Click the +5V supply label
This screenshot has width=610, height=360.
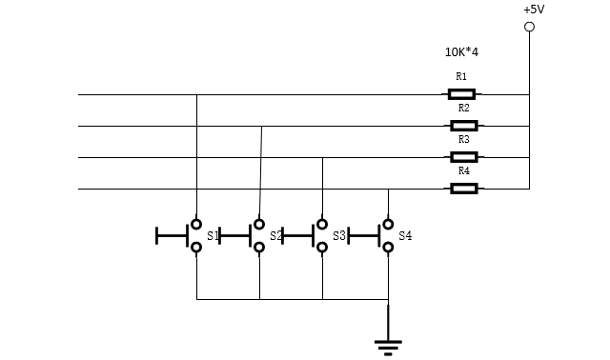pyautogui.click(x=534, y=10)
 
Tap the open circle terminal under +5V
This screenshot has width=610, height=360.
pyautogui.click(x=529, y=27)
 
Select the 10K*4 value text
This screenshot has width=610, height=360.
pyautogui.click(x=461, y=52)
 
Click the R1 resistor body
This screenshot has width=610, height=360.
pyautogui.click(x=461, y=94)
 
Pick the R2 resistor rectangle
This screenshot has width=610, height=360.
pyautogui.click(x=464, y=126)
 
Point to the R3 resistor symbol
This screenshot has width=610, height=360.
pyautogui.click(x=464, y=157)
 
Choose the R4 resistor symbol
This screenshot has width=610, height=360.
pyautogui.click(x=464, y=189)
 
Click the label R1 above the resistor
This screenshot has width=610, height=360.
pyautogui.click(x=461, y=76)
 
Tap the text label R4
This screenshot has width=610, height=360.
pyautogui.click(x=464, y=170)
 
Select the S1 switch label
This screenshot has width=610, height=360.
pyautogui.click(x=213, y=235)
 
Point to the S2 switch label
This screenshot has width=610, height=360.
pyautogui.click(x=275, y=235)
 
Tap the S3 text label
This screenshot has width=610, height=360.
pyautogui.click(x=339, y=235)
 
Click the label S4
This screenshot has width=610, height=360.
pyautogui.click(x=405, y=235)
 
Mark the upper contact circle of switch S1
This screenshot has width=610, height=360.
pyautogui.click(x=196, y=224)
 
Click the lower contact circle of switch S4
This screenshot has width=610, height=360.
pyautogui.click(x=388, y=247)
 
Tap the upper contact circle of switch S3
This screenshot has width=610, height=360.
pyautogui.click(x=322, y=224)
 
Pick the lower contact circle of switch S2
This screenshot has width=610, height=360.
pyautogui.click(x=259, y=247)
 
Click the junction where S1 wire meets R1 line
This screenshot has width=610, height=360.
pyautogui.click(x=196, y=94)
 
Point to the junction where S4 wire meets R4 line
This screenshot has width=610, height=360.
pyautogui.click(x=388, y=189)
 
